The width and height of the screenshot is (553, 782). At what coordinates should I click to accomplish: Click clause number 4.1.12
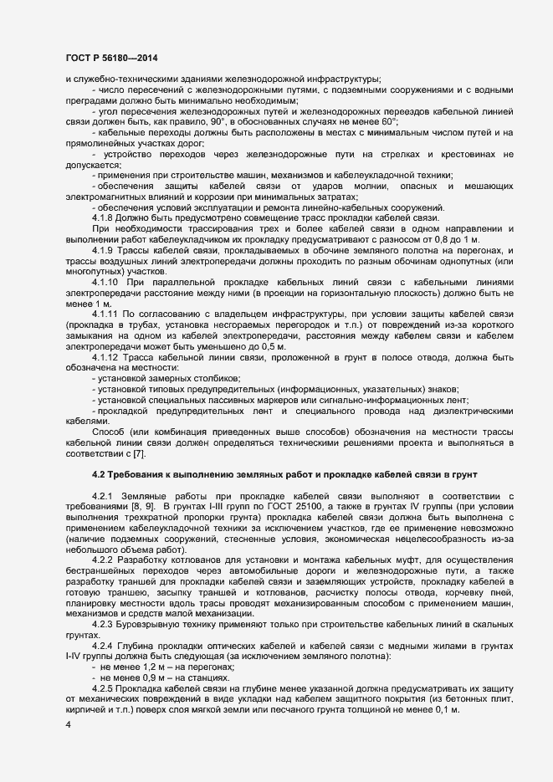[108, 358]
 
